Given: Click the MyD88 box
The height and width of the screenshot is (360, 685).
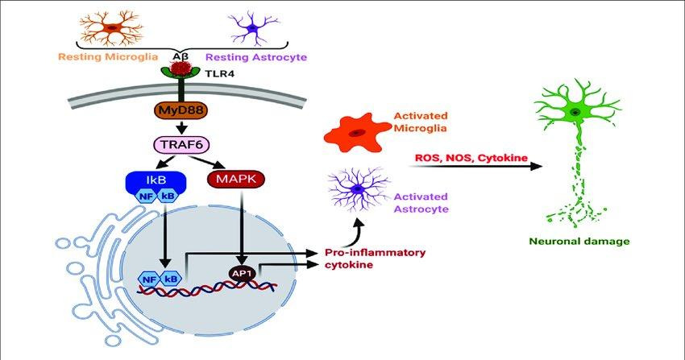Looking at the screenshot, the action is coord(181,110).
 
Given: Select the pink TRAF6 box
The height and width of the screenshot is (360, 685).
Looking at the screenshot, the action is coord(182,144).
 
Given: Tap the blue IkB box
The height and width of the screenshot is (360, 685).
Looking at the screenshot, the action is coord(156,180).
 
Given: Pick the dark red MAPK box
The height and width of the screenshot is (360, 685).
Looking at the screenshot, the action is coord(236,179).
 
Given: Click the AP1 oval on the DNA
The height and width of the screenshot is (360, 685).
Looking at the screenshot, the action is coord(242,274).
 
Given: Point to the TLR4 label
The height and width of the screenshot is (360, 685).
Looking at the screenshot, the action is coord(219,74).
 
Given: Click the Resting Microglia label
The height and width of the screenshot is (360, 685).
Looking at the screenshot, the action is coord(108,56).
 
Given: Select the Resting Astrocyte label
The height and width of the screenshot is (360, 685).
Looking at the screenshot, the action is coord(256,57).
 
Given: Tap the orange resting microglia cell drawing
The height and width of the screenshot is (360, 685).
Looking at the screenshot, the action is coord(112,28).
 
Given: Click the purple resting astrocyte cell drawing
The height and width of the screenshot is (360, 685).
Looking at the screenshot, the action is coord(252,29).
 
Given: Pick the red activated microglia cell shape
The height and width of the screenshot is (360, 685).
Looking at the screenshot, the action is coord(356,132).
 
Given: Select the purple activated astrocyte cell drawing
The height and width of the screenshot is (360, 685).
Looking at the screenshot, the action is coord(359,189).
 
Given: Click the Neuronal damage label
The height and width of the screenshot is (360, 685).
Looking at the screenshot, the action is coord(579,242).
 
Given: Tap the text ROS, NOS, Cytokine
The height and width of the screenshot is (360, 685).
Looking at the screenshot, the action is coord(471,158).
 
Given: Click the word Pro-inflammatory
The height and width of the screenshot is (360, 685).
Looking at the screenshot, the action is coord(375,253).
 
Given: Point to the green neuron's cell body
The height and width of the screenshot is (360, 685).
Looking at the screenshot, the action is coord(575,113).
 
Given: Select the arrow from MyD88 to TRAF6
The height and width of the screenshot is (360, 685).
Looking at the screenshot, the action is coord(181,126).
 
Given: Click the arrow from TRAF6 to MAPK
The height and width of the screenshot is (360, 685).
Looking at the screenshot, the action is coord(207,161).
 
